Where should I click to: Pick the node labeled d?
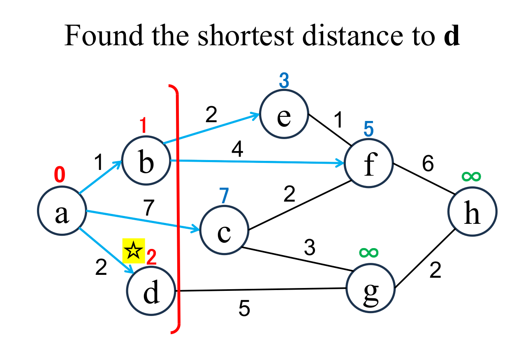point(151,290)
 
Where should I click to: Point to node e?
point(284,115)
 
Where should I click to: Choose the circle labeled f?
point(369,163)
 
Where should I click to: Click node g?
point(370,290)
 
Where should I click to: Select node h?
point(472,212)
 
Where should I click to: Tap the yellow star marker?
point(134,250)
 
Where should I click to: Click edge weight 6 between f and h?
point(428,164)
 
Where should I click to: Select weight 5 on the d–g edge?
point(244,309)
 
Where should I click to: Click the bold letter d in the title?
point(452,36)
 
